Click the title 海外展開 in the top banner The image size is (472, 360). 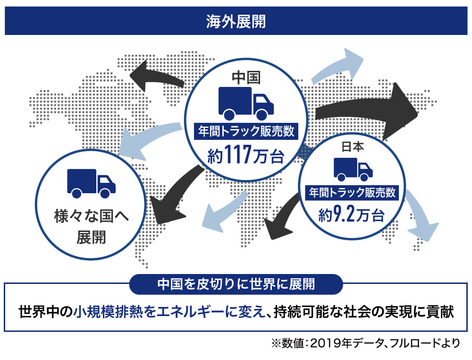(x=236, y=22)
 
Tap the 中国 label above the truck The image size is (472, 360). (x=246, y=77)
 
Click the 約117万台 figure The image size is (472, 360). (x=246, y=154)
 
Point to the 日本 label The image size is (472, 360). (x=353, y=147)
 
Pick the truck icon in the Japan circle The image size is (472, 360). (x=353, y=169)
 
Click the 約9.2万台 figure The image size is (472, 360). (x=352, y=215)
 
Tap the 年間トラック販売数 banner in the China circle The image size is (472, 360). (x=246, y=131)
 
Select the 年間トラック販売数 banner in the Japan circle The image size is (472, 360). (x=352, y=193)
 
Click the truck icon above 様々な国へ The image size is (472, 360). (x=91, y=183)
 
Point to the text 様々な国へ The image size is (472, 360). (x=91, y=216)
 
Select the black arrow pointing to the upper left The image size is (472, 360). (x=157, y=76)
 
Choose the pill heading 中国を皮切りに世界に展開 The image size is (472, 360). (x=236, y=284)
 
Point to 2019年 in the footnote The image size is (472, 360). (x=331, y=343)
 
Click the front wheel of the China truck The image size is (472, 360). (x=261, y=115)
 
